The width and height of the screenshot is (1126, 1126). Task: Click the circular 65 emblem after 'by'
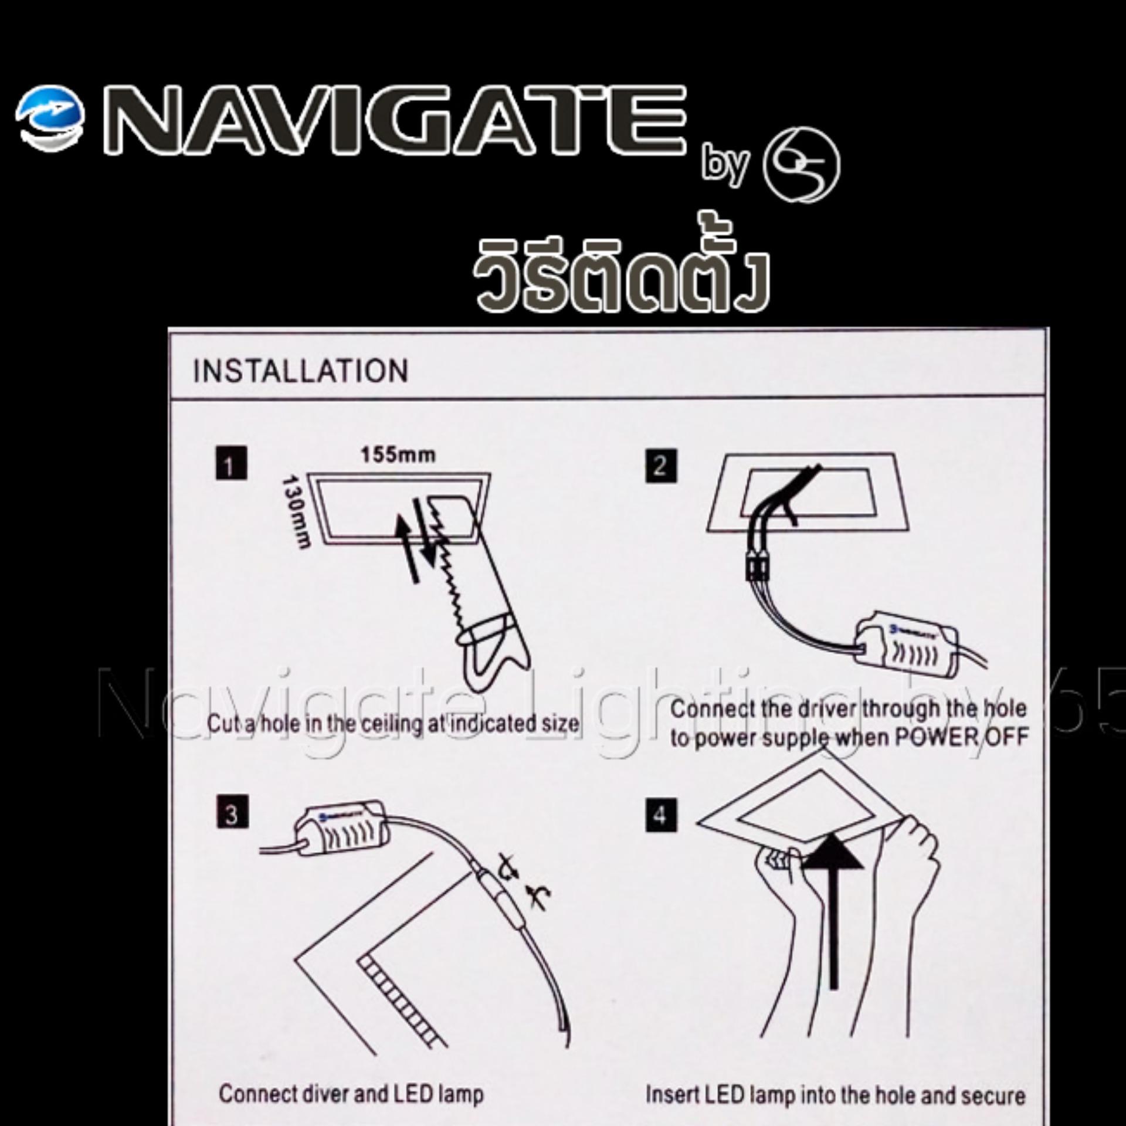(801, 165)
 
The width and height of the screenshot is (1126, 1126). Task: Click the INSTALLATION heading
(300, 371)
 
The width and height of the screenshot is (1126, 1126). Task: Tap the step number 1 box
(231, 463)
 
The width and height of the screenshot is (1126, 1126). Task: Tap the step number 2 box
(661, 466)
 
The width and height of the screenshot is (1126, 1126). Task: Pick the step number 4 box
(661, 815)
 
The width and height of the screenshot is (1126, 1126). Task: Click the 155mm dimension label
(398, 455)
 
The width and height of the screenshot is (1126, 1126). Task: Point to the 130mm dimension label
(295, 511)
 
